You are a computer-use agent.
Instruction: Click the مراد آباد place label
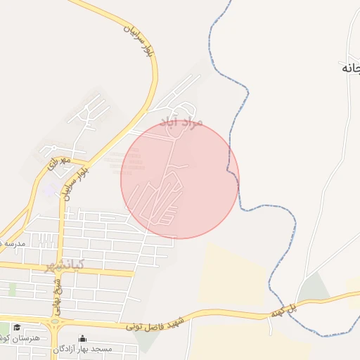181,123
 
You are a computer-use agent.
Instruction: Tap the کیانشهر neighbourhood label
64,265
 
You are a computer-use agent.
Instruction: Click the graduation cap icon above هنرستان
17,327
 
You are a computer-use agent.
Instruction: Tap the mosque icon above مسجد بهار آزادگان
83,338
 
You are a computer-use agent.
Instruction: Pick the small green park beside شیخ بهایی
12,289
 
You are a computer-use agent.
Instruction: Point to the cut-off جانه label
351,68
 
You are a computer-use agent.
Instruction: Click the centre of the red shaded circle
180,179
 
